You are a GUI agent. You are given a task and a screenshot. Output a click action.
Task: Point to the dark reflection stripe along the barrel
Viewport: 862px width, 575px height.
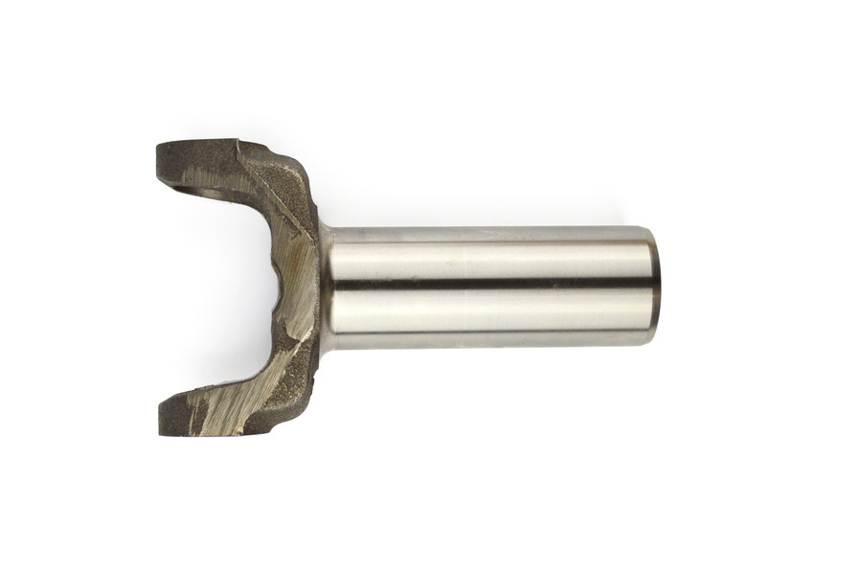click(488, 285)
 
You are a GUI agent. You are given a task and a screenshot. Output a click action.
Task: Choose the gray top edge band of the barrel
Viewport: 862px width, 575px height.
click(488, 234)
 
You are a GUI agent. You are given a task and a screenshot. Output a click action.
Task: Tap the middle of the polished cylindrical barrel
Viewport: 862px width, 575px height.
click(488, 287)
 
